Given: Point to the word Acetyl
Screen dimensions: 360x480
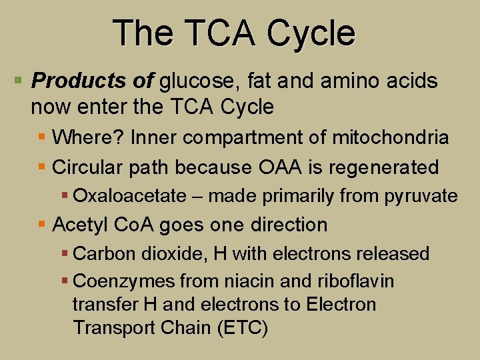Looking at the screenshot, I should click(x=79, y=225).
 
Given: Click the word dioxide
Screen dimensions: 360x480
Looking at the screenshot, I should click(x=163, y=254).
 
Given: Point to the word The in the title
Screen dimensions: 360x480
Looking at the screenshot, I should click(x=137, y=33).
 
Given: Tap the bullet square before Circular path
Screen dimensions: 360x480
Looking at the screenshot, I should click(x=41, y=167).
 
